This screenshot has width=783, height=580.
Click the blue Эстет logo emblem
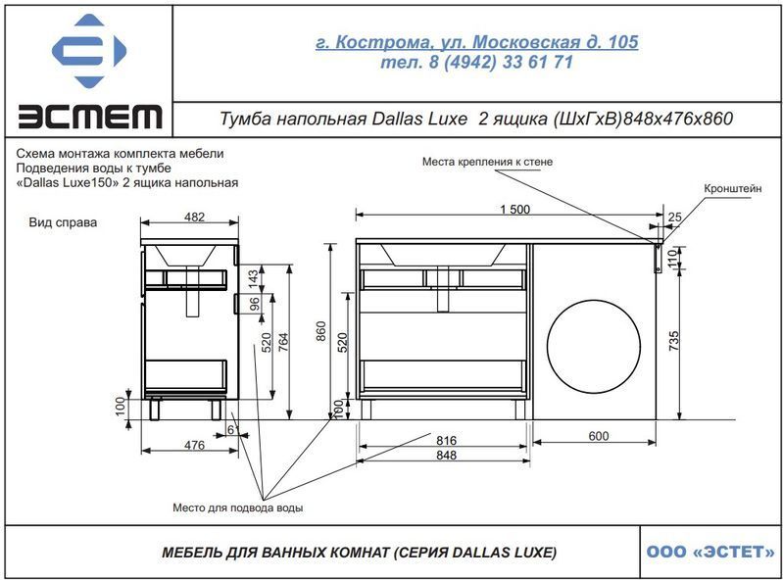pos(89,50)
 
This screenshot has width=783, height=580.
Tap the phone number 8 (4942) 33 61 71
pos(501,63)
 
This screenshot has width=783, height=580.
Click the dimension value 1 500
pos(514,209)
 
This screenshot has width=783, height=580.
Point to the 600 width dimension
pos(598,436)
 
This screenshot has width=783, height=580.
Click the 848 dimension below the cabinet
pos(446,455)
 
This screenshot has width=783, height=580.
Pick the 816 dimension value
pos(446,440)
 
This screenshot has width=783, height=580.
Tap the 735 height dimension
pos(673,340)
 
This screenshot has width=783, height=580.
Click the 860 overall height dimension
pos(320,331)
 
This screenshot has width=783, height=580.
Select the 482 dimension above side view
pos(194,217)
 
